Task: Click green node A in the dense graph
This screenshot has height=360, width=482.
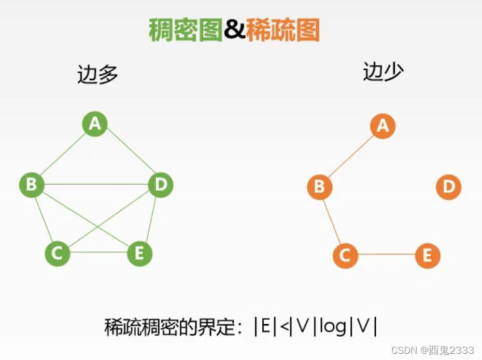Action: click(95, 124)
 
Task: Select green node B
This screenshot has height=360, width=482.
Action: click(32, 185)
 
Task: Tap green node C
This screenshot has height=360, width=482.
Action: click(57, 254)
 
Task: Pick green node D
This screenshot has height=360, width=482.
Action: click(160, 185)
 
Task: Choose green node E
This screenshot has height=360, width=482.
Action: click(139, 254)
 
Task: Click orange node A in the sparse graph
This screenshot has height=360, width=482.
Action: click(382, 126)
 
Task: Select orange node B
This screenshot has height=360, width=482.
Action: click(319, 187)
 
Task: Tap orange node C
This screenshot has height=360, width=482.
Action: click(345, 256)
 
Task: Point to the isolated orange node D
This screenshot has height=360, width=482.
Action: click(448, 187)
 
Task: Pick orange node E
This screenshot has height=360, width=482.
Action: click(427, 256)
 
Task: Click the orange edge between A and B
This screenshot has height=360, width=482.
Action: click(351, 156)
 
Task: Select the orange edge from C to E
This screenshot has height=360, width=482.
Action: click(386, 255)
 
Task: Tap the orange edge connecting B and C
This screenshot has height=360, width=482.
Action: click(332, 221)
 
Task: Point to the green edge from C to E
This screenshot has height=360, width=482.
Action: click(98, 253)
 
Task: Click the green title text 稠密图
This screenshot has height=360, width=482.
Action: click(185, 30)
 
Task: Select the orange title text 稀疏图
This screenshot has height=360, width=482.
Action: click(282, 30)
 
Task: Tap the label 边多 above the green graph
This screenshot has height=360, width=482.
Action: click(97, 74)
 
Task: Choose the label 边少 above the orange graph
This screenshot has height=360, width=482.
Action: click(383, 72)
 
